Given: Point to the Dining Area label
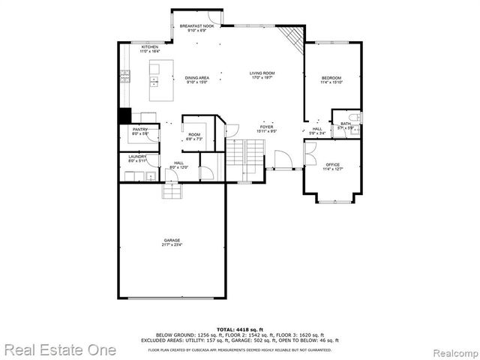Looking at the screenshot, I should click(x=196, y=80).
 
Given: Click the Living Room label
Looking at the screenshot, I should click(x=262, y=76).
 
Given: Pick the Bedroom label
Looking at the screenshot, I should click(x=331, y=80).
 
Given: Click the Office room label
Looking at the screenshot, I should click(x=331, y=166).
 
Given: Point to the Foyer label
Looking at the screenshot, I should click(x=267, y=129).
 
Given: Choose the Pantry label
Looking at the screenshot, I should click(x=140, y=131).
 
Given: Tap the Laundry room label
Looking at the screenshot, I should click(x=137, y=158).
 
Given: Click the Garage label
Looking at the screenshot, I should click(x=172, y=242).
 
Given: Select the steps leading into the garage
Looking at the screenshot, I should click(x=172, y=193).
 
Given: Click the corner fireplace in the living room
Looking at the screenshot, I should click(x=292, y=35).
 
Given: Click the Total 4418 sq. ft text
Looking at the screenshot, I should click(x=239, y=329).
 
